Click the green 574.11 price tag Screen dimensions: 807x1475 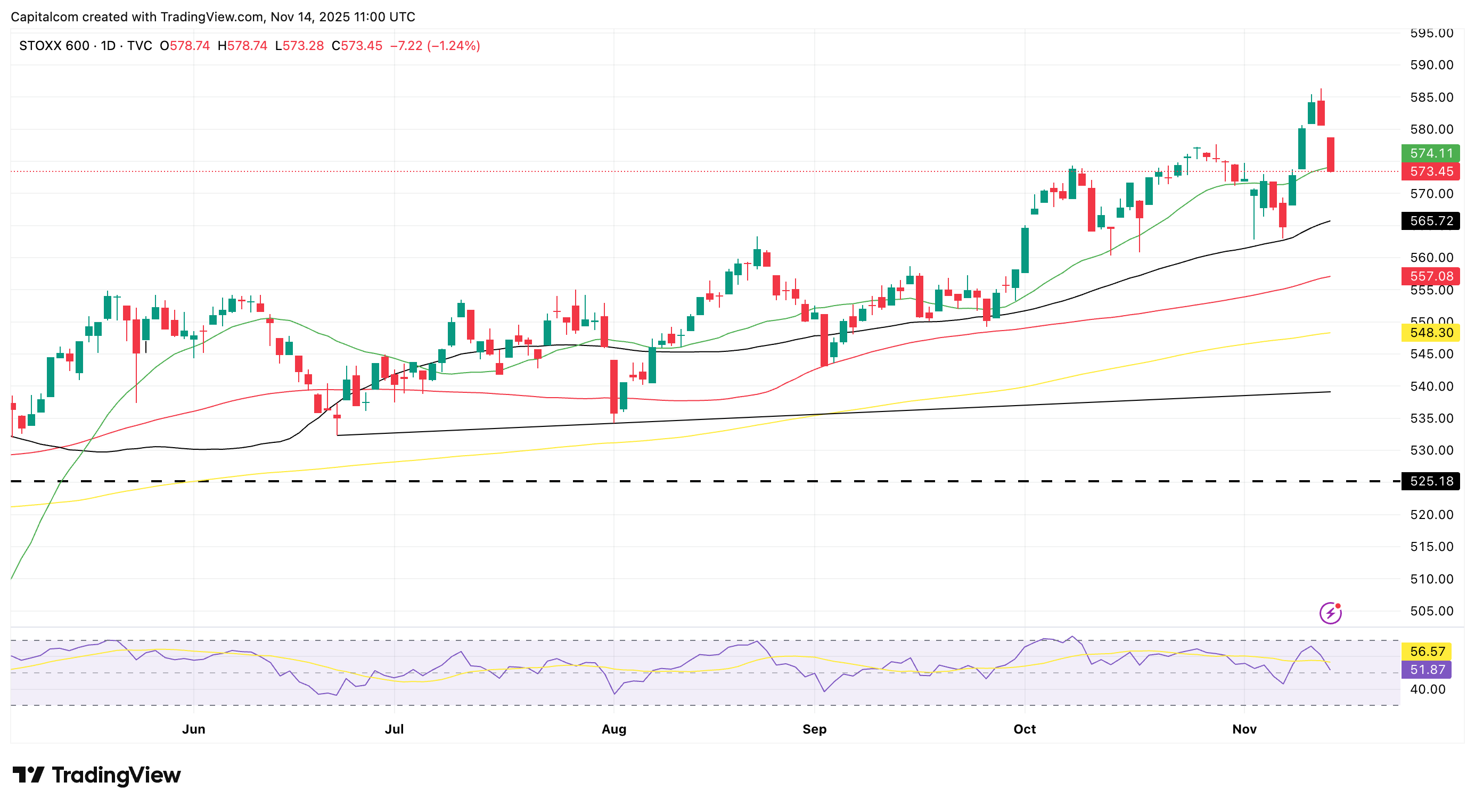1430,153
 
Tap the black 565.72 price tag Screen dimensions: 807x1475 1430,221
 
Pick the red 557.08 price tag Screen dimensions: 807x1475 1430,276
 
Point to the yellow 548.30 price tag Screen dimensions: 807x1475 1430,333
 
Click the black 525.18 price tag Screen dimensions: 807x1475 1430,481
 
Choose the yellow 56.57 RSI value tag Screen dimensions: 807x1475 1427,652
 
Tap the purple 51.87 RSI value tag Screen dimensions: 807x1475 1427,670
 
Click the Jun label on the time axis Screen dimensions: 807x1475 193,729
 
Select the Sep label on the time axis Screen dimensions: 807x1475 814,729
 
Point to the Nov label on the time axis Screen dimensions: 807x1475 1244,729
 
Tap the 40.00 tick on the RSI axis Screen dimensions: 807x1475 1428,690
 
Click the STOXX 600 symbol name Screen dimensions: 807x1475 54,46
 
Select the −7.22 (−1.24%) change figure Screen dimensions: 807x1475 435,46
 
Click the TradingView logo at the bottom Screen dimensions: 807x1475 96,776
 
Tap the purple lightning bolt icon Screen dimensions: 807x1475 1330,613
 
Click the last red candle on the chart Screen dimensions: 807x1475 1330,154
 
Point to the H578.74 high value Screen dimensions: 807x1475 242,46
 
